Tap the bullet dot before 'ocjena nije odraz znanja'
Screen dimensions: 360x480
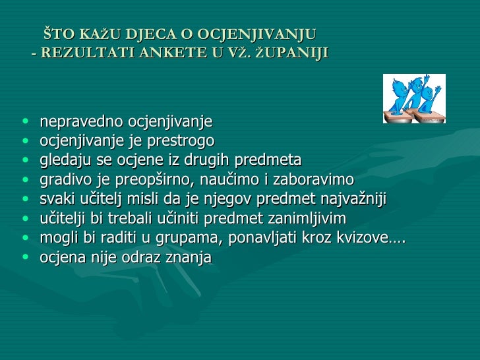coord(25,258)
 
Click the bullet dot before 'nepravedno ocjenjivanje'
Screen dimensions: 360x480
coord(25,122)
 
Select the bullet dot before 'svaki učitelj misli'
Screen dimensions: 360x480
coord(25,200)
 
